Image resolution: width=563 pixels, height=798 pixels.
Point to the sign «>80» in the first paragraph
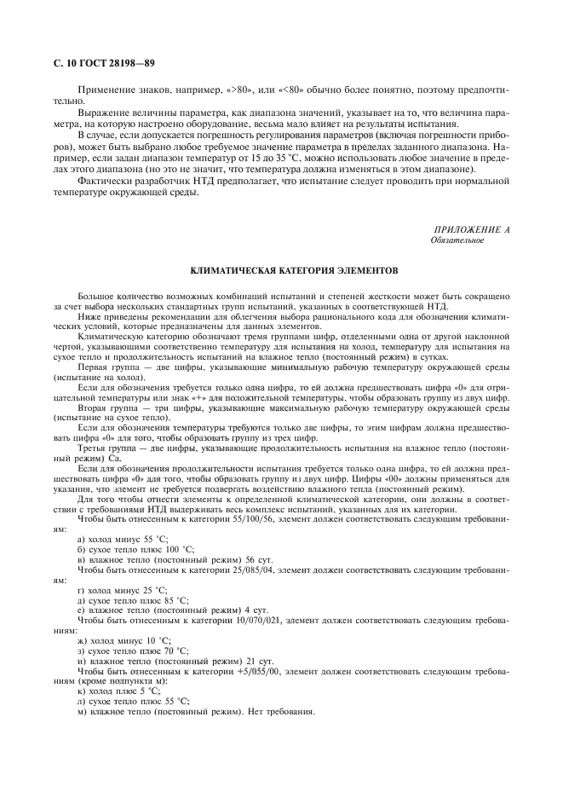pyautogui.click(x=222, y=90)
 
